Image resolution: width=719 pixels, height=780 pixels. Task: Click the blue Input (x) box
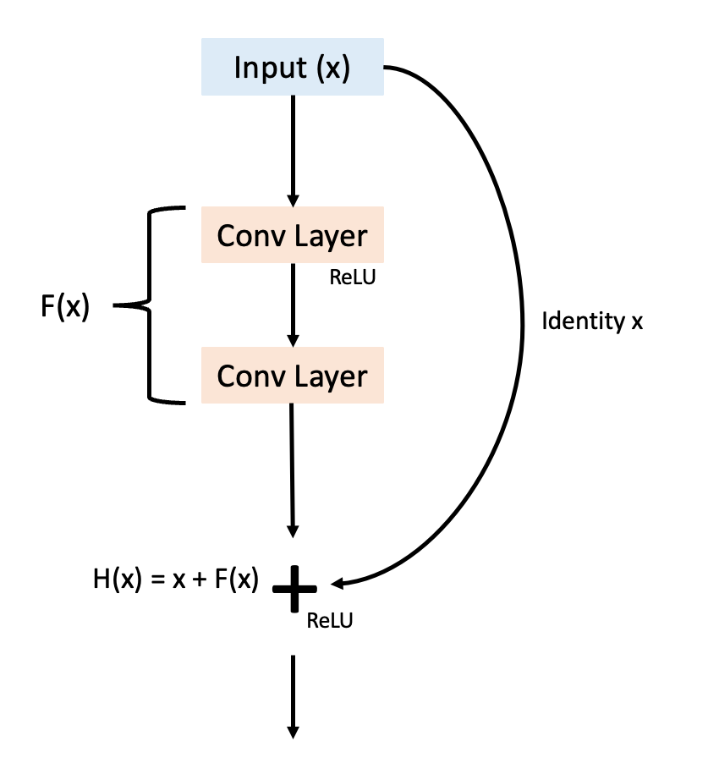click(x=293, y=68)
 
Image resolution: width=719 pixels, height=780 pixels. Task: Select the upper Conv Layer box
click(x=293, y=235)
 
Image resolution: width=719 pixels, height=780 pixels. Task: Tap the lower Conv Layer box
click(x=293, y=375)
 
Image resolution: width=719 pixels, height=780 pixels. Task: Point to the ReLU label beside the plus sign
click(x=329, y=621)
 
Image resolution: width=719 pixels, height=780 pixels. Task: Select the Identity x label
click(x=592, y=321)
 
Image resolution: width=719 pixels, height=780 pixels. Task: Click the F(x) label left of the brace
click(x=64, y=306)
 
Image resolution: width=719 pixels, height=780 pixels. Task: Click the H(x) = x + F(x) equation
click(x=176, y=582)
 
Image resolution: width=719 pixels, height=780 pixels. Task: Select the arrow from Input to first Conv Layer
click(x=293, y=148)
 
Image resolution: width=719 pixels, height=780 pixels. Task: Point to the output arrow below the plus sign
click(x=293, y=694)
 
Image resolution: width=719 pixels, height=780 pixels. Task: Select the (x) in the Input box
click(x=332, y=68)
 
